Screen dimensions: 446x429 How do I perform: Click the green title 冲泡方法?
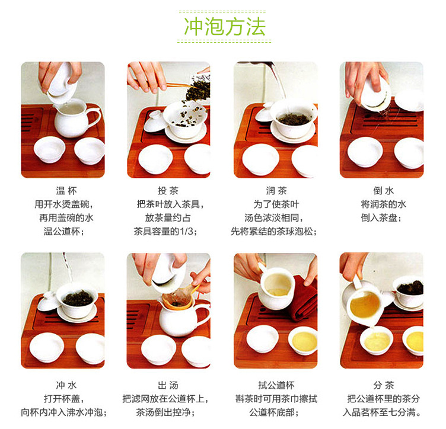225,27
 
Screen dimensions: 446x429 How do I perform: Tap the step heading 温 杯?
66,191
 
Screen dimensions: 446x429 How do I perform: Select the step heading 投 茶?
168,191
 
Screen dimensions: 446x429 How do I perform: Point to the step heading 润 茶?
276,191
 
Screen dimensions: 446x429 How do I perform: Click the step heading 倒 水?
383,191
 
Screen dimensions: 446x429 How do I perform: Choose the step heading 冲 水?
66,385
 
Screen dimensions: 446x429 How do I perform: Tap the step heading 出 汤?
168,385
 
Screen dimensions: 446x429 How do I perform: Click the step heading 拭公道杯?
276,385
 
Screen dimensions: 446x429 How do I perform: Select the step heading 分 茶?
383,385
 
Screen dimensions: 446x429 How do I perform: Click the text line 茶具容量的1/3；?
166,232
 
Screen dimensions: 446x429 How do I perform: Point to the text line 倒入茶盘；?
381,218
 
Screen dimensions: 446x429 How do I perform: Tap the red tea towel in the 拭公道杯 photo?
305,299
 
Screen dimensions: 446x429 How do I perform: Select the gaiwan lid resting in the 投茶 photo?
154,121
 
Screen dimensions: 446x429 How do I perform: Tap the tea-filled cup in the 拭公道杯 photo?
302,340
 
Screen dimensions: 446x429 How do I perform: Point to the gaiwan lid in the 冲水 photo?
49,302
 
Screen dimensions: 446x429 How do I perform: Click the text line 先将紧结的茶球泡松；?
274,232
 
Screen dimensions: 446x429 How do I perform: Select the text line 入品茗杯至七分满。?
382,412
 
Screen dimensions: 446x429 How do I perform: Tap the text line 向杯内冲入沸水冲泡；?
64,412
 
